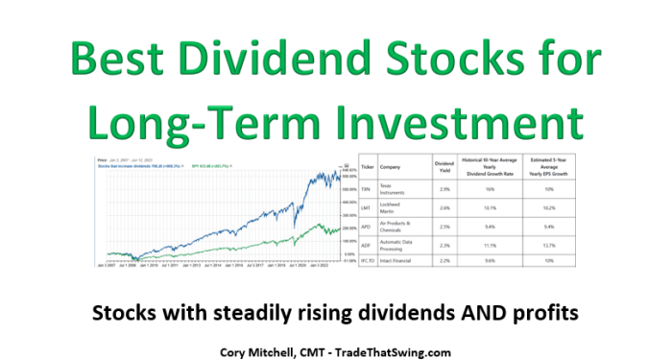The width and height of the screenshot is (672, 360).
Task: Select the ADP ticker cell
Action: click(367, 246)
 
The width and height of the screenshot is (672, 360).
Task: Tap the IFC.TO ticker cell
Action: click(367, 260)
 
